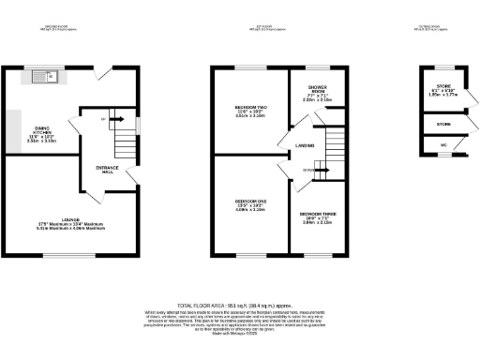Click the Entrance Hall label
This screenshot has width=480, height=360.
coord(106,171)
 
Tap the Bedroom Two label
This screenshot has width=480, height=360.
coord(249,112)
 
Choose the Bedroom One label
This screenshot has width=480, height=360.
coord(249,205)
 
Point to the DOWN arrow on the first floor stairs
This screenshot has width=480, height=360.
coord(308,171)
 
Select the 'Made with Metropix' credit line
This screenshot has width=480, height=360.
coord(240,336)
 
